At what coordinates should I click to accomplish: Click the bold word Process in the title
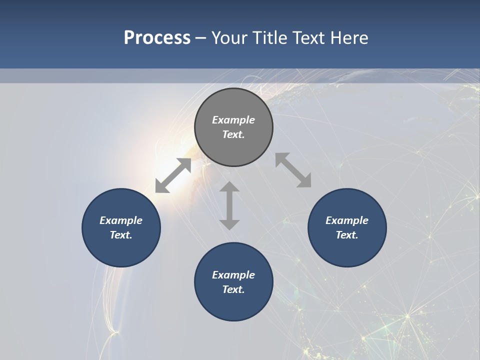click(x=157, y=38)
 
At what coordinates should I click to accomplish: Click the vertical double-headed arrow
click(x=229, y=205)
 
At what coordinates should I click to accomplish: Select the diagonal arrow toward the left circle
click(x=173, y=175)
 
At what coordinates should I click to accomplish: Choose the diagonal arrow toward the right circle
click(x=293, y=170)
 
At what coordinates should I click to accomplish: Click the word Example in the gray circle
click(x=233, y=120)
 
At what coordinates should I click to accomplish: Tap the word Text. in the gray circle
click(x=233, y=134)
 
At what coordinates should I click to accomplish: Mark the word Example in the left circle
click(x=121, y=220)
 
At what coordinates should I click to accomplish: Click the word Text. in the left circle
click(x=121, y=235)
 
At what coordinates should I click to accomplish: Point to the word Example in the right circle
click(x=347, y=220)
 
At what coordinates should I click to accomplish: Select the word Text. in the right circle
click(x=347, y=235)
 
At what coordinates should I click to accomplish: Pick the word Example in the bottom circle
click(x=233, y=275)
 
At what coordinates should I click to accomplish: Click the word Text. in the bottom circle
click(x=233, y=289)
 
